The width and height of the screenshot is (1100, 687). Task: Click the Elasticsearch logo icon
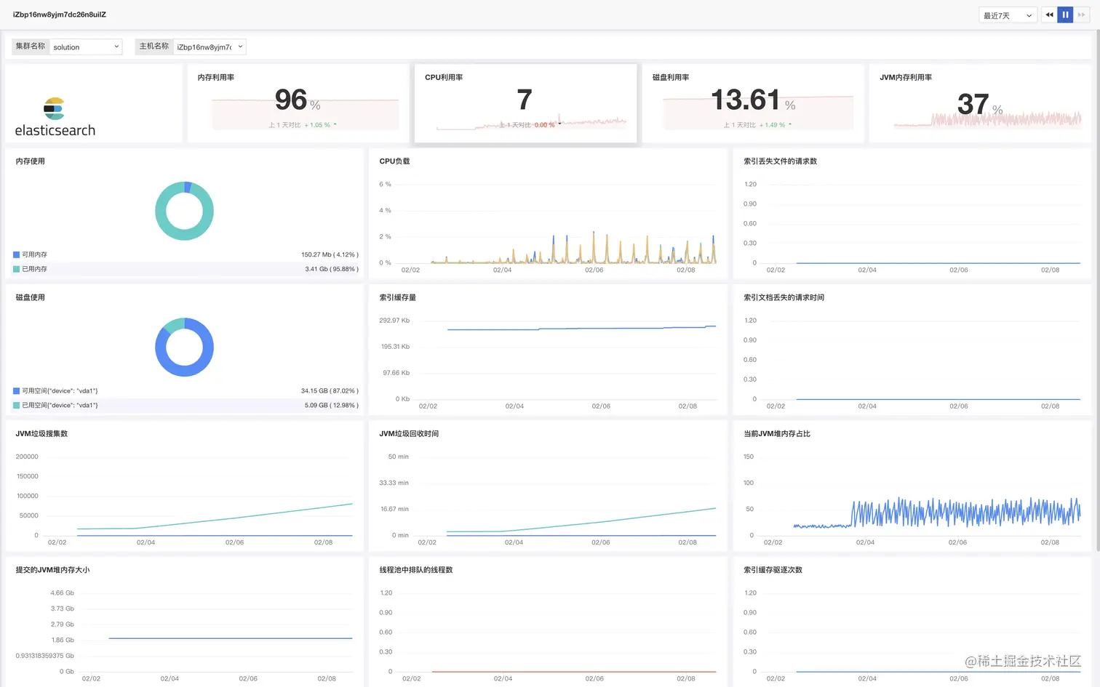coord(54,109)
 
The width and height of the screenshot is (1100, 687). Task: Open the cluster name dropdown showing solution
coord(86,47)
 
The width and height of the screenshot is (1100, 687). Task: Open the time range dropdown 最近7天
coord(1008,15)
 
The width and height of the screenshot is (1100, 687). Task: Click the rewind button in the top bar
coord(1049,15)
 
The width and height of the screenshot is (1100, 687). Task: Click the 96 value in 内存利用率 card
coord(291,100)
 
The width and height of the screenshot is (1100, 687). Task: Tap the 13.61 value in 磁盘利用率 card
coord(745,100)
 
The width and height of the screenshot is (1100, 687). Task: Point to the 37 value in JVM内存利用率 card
coord(973,104)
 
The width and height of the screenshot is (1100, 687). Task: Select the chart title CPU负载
coord(394,161)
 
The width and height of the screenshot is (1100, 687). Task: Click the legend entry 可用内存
coord(34,254)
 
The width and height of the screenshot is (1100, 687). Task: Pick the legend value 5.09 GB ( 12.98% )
coord(331,405)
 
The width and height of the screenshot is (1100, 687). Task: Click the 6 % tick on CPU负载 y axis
coord(385,185)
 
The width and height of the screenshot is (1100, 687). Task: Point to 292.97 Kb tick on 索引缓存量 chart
coord(394,321)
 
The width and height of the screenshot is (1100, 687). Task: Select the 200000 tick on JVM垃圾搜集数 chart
coord(27,457)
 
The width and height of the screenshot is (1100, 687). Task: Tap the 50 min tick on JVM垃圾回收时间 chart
coord(398,457)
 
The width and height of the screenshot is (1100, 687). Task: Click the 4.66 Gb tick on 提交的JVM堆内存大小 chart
coord(62,593)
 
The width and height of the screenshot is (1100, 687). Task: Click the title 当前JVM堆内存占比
coord(776,434)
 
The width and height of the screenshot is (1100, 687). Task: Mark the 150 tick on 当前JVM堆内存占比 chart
coord(749,457)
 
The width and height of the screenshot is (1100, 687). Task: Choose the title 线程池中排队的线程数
coord(415,570)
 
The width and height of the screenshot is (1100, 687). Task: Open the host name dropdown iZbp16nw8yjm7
coord(210,47)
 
